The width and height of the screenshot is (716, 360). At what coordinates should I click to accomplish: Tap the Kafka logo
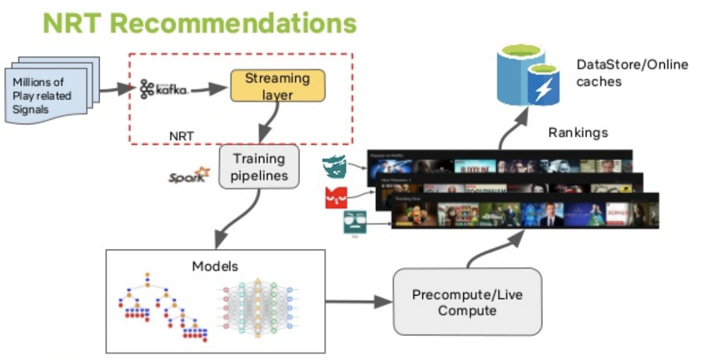click(x=164, y=89)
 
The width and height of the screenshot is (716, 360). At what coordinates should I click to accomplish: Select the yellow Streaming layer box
click(x=277, y=85)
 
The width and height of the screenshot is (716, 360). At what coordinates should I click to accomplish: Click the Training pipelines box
click(x=258, y=167)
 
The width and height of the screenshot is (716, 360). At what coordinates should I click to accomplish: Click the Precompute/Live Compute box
click(x=467, y=303)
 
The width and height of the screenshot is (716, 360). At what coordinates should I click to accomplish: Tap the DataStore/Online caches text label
click(x=631, y=72)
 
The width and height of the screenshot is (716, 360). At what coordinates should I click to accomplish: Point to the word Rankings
click(x=578, y=133)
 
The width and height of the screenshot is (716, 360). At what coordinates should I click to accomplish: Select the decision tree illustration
click(x=163, y=307)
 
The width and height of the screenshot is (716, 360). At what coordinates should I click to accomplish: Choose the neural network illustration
click(x=258, y=304)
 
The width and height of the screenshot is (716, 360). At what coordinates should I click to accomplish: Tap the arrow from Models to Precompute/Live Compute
click(x=357, y=302)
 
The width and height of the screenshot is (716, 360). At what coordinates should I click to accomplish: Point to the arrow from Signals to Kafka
click(x=117, y=90)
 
